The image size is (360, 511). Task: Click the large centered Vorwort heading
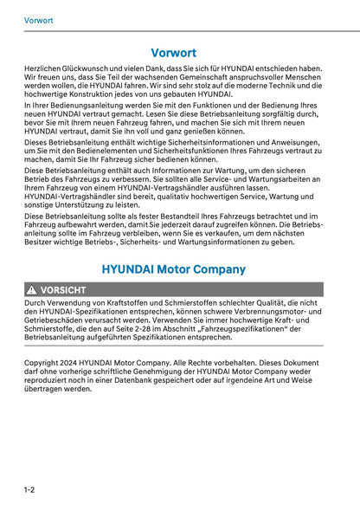point(173,53)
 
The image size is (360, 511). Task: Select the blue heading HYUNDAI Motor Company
point(173,269)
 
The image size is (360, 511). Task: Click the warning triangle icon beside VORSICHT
point(31,290)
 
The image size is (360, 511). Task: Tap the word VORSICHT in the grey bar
point(63,290)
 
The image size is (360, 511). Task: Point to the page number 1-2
point(29,490)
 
